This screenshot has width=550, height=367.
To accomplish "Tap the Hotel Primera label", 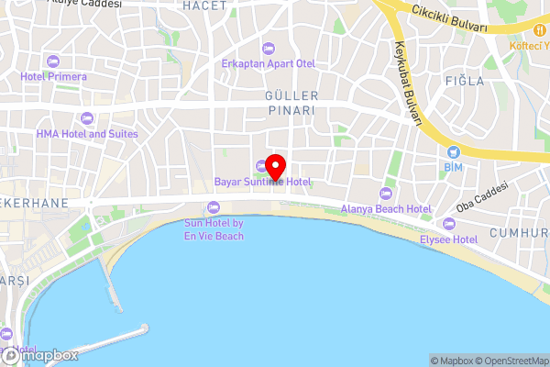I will coord(54,76).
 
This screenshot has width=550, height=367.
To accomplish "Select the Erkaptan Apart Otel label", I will coord(268,63).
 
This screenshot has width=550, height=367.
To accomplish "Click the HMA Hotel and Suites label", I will coord(87,134).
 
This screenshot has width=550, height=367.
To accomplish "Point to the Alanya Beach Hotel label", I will coord(386,209).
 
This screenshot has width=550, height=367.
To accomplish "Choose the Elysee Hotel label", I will coord(448,239).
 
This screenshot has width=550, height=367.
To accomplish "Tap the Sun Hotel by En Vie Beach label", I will coord(214,229).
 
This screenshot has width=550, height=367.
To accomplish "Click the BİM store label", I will coord(453,168).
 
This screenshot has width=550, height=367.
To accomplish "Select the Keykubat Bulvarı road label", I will coord(407,83).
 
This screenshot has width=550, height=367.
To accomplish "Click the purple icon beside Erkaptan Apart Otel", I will coord(268,48).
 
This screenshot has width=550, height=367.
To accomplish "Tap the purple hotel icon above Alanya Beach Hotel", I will coord(385,194).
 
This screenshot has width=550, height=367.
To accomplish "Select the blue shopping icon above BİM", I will coord(453,151).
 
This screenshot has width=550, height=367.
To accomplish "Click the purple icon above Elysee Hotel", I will coord(448,224).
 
